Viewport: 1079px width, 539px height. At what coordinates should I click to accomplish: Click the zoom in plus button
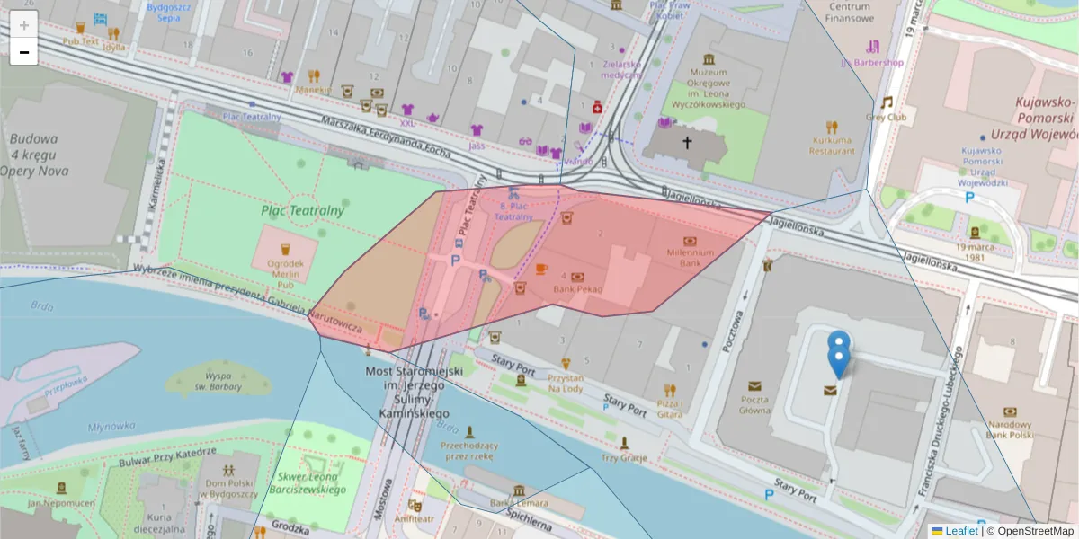coord(24,25)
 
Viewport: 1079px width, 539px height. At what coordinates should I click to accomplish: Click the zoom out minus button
coord(24,52)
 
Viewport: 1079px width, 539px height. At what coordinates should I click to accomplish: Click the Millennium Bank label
coord(690,258)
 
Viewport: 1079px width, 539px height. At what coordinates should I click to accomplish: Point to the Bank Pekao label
coord(577,290)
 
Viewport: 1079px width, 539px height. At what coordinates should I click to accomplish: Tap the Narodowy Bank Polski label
coord(1010,429)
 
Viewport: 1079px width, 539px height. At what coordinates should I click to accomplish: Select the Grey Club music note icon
coord(887,102)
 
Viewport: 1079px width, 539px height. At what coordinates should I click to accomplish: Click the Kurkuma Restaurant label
coord(833,146)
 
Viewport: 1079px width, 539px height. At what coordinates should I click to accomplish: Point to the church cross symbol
coord(687,142)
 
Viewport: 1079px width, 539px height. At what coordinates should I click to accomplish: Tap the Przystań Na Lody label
coord(566,384)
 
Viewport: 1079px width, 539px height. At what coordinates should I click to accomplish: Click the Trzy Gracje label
coord(624,457)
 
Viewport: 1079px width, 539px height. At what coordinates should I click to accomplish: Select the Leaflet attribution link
coord(960,531)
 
